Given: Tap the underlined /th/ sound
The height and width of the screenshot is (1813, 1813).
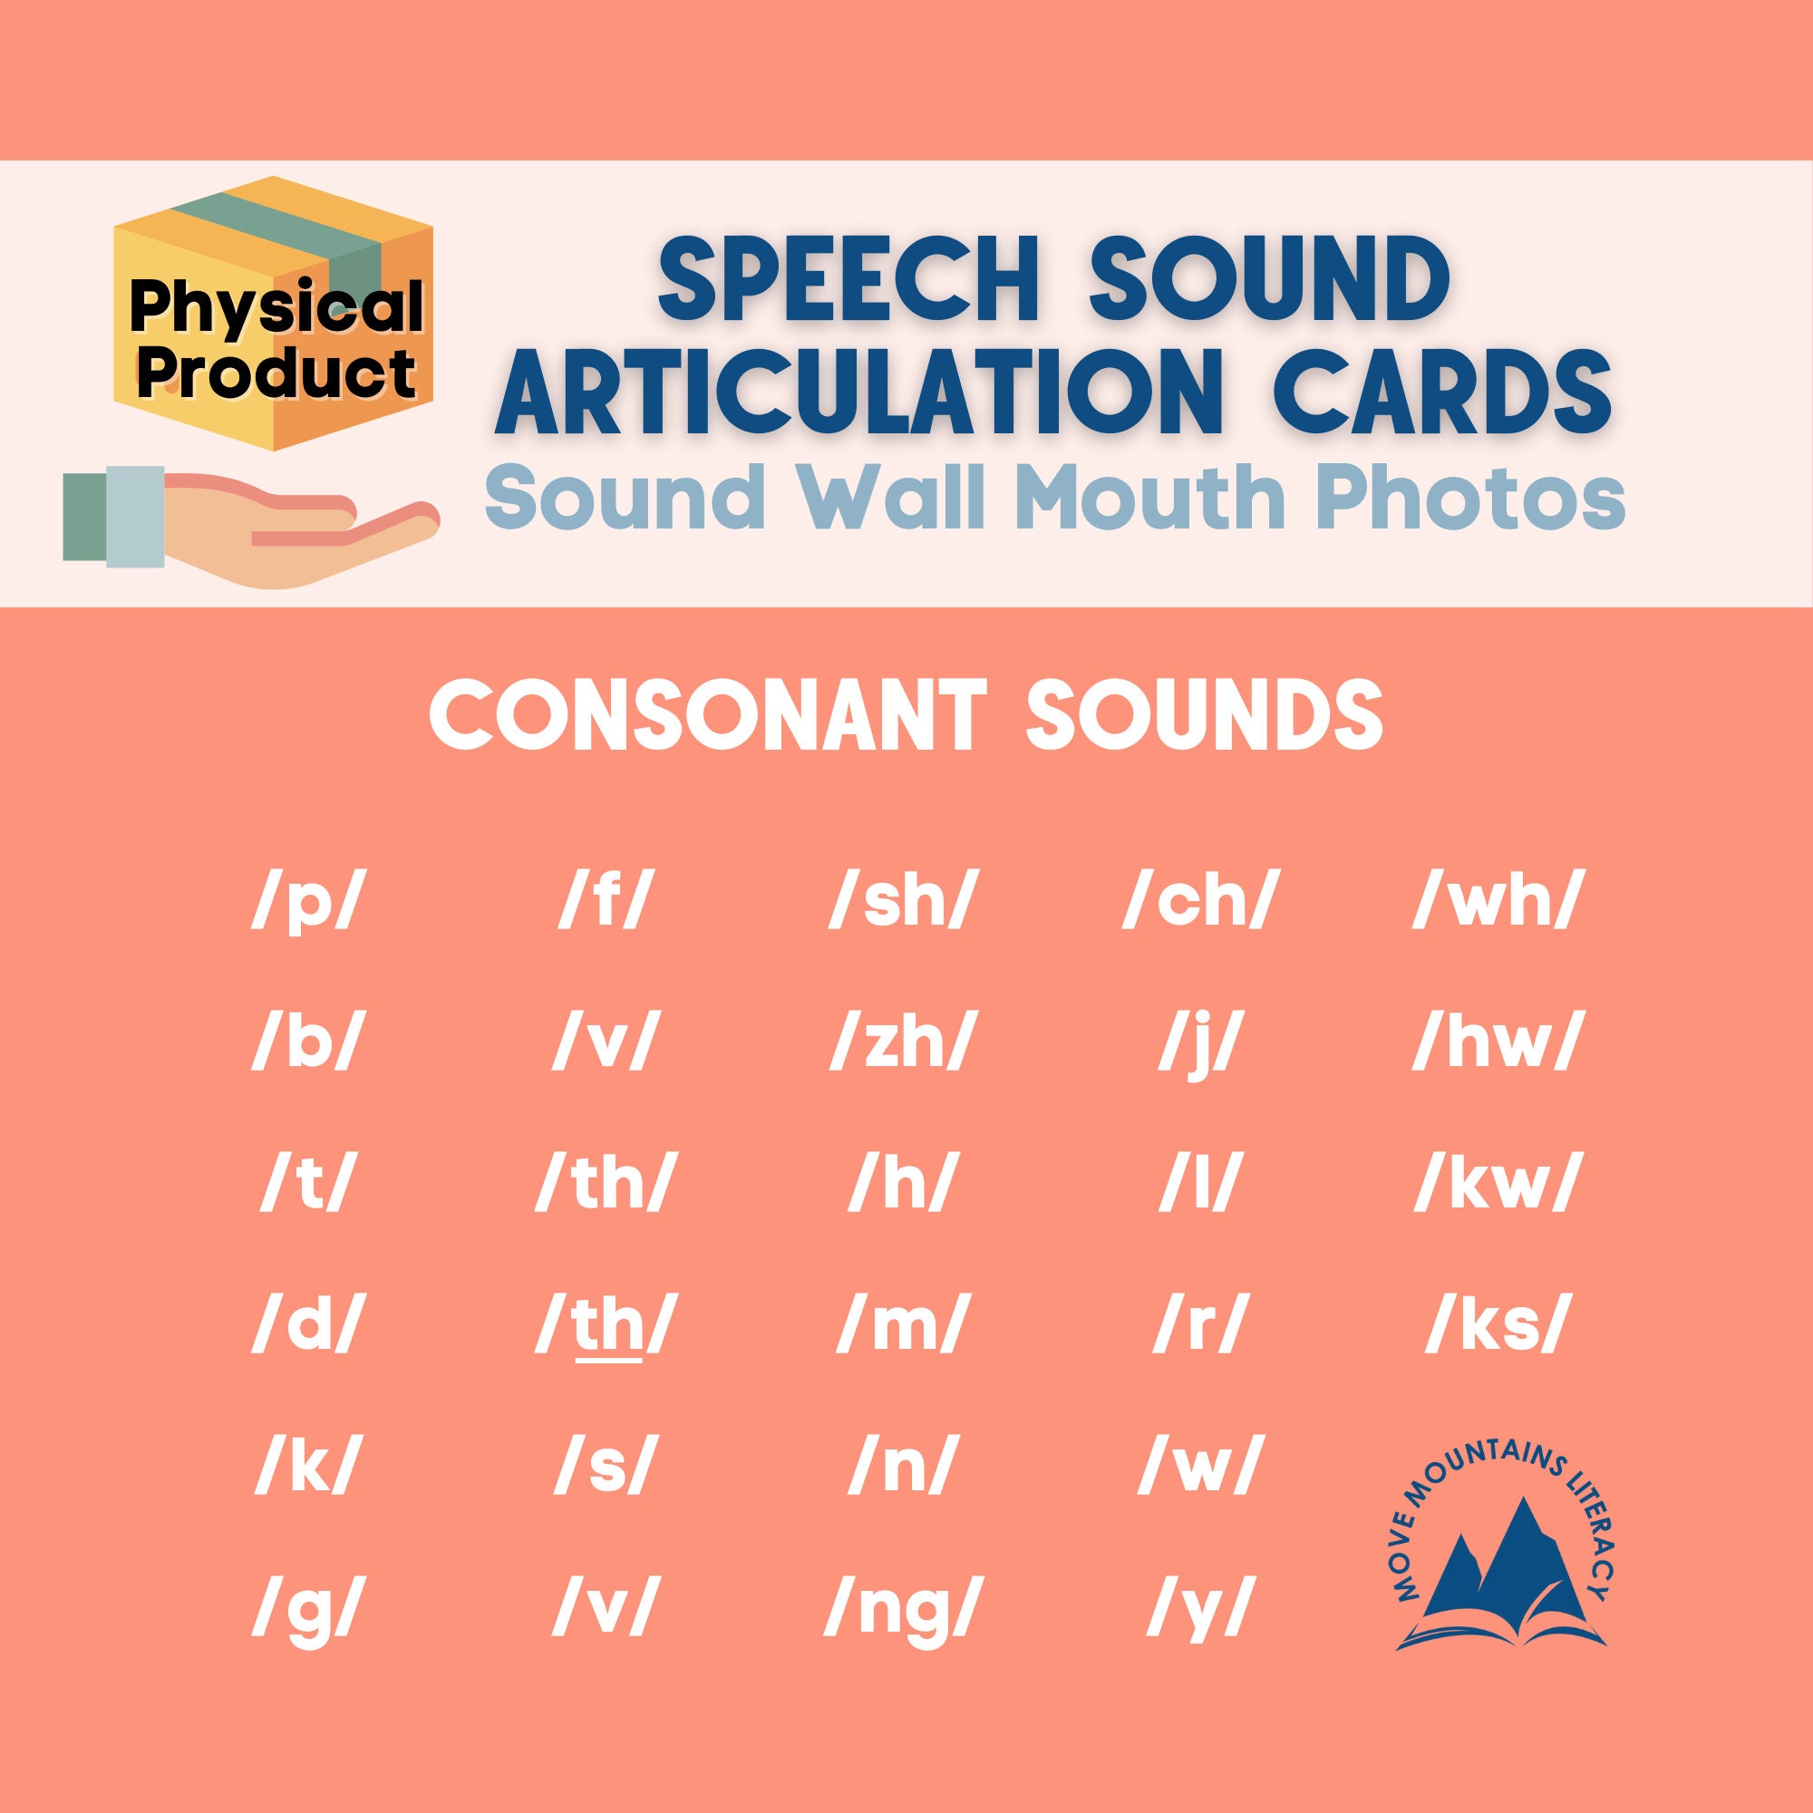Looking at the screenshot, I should (x=606, y=1326).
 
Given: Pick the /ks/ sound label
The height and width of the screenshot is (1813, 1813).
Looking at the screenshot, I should (x=1496, y=1326).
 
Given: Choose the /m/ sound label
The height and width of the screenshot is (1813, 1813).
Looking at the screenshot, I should (x=899, y=1326).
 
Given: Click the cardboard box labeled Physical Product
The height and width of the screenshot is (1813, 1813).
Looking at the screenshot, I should (x=274, y=315).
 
